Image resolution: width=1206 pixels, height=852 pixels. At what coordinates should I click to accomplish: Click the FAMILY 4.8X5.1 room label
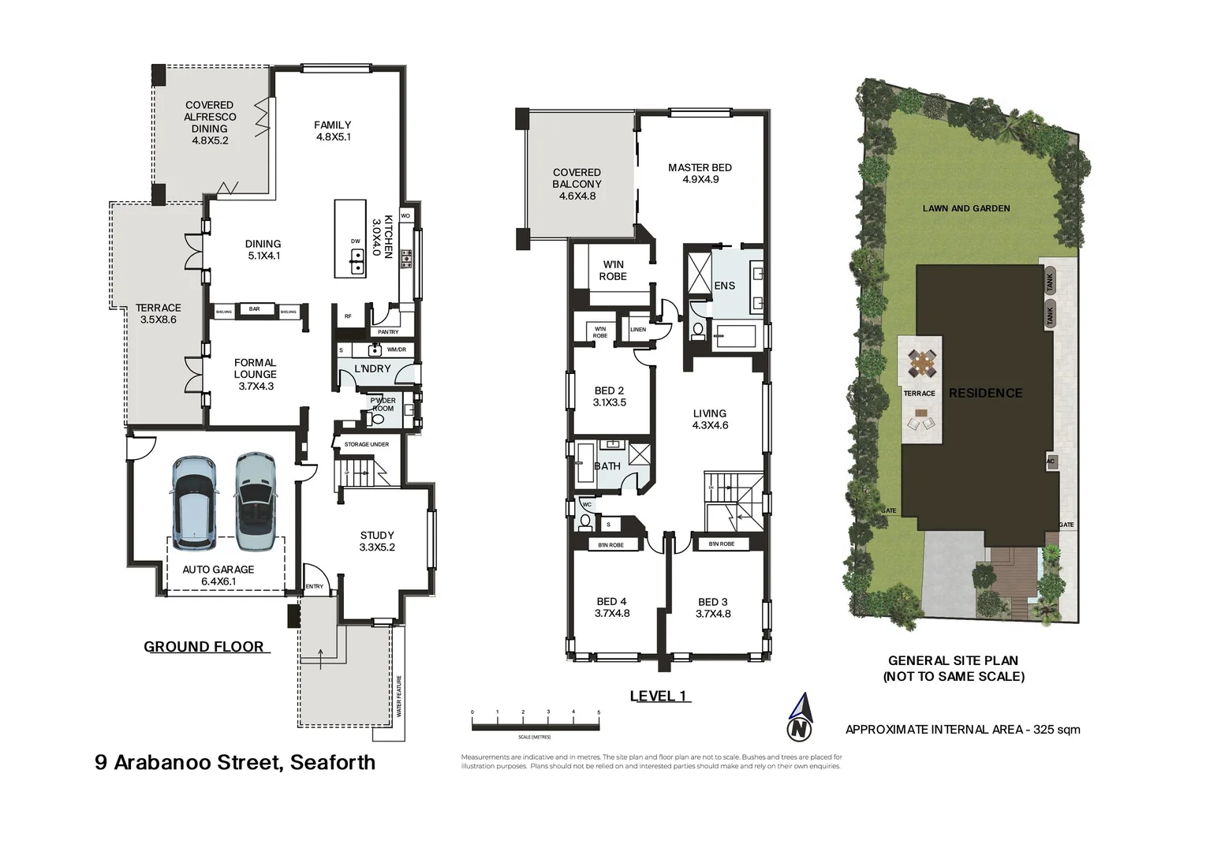pyautogui.click(x=332, y=131)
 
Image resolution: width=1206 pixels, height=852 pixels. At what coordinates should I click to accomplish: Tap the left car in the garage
pyautogui.click(x=193, y=503)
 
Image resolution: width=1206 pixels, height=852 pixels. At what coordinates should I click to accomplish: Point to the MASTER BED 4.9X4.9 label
pyautogui.click(x=700, y=174)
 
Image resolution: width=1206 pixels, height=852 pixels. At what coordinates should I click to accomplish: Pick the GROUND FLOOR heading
pyautogui.click(x=203, y=647)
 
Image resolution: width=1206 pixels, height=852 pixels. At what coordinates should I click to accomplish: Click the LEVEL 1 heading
pyautogui.click(x=659, y=696)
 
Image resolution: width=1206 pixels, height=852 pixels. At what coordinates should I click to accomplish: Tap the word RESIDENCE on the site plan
pyautogui.click(x=985, y=393)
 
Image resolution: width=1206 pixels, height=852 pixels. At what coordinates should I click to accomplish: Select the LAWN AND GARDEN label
pyautogui.click(x=966, y=208)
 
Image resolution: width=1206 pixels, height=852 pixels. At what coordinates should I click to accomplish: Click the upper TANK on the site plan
pyautogui.click(x=1049, y=279)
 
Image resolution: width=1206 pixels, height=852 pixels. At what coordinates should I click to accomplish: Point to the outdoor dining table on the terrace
pyautogui.click(x=920, y=364)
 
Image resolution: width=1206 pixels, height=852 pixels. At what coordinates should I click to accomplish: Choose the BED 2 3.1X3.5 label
pyautogui.click(x=609, y=397)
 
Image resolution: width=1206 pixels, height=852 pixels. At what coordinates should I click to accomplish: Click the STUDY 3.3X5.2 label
pyautogui.click(x=377, y=541)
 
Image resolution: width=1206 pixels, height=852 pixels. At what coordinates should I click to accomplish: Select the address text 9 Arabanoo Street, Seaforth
pyautogui.click(x=235, y=762)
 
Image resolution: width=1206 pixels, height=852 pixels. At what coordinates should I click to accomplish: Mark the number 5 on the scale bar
pyautogui.click(x=599, y=712)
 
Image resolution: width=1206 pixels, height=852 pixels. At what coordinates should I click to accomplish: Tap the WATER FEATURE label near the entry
pyautogui.click(x=399, y=696)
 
